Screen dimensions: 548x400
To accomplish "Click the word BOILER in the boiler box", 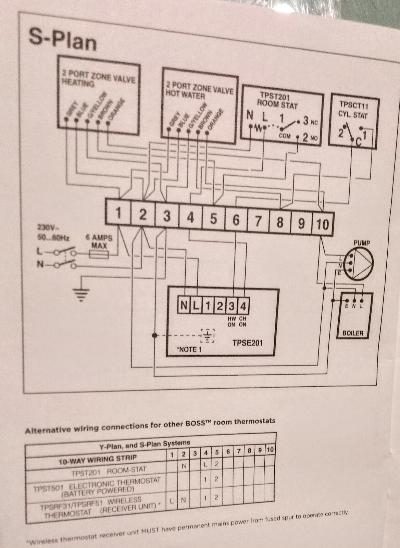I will tap(353, 333).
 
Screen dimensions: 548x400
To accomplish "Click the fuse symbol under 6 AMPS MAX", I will tap(99, 254).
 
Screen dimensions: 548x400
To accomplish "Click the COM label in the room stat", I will tap(285, 136).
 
